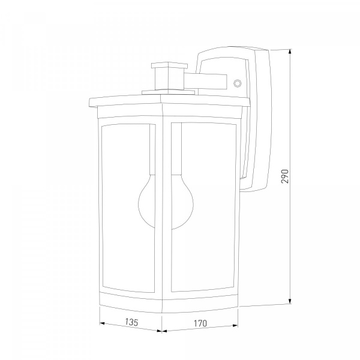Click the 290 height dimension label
[284, 176]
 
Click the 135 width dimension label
[132, 322]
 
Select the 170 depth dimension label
[200, 323]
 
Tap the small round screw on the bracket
[238, 83]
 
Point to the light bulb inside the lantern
[166, 202]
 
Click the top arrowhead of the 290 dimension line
[290, 52]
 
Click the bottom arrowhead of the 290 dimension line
[290, 301]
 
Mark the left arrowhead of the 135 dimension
[103, 323]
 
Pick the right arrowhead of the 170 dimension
[235, 325]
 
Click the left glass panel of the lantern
[128, 208]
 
